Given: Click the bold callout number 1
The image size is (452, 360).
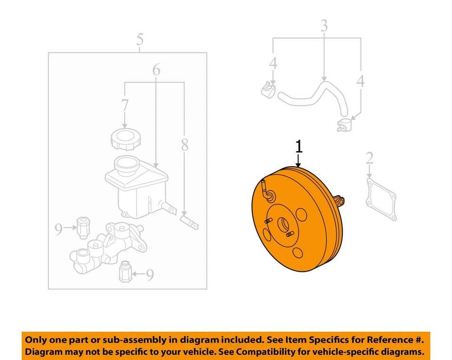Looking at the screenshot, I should point(299,146).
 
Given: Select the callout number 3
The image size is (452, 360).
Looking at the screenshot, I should point(324,26).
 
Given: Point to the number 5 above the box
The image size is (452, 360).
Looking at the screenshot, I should point(139,40).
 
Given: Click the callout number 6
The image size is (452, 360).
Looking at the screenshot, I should point(156,70).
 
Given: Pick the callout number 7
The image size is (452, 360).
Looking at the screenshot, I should point(124,106).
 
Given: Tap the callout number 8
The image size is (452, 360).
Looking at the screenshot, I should point(184,145).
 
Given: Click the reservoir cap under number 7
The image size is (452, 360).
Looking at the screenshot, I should point(124,140).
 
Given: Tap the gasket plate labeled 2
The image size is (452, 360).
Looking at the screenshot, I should point(381,200).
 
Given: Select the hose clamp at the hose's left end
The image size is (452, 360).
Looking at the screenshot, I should point(268,88).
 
